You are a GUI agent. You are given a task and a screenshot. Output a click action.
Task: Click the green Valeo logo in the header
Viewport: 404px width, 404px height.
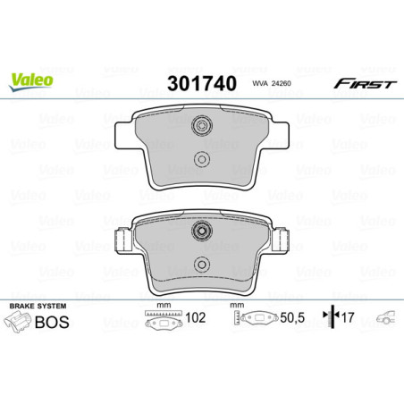coord(32,78)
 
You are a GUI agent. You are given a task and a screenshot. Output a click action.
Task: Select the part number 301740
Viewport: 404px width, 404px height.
coord(202,84)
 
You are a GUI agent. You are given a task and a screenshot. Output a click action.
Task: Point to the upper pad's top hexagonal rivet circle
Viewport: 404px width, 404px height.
coord(202,128)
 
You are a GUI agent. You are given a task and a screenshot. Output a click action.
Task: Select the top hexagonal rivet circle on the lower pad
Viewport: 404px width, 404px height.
coord(202,232)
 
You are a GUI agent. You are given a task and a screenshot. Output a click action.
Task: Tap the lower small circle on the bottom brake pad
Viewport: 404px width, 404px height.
coord(202,265)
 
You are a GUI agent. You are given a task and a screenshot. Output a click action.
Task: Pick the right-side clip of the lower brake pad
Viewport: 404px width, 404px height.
coord(280,240)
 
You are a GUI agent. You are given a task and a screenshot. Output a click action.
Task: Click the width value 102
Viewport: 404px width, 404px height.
coord(195,317)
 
